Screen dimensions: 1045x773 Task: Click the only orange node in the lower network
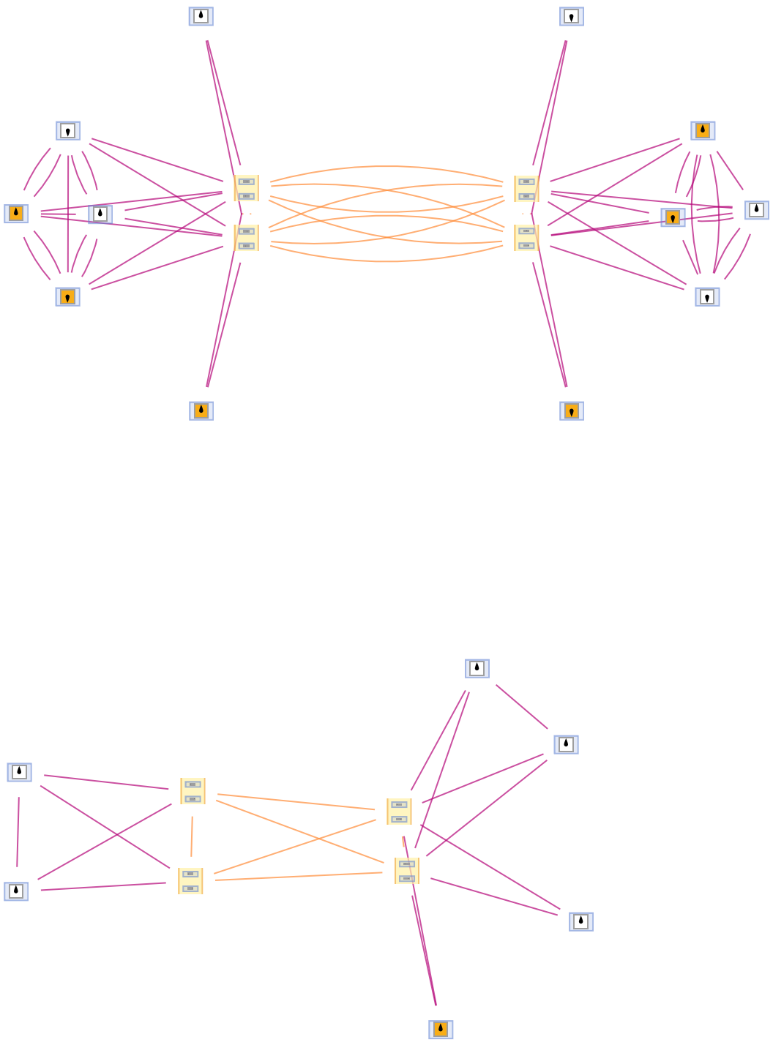coord(441,1029)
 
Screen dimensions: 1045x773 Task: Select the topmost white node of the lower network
coord(477,668)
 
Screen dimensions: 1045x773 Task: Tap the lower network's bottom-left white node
coord(16,891)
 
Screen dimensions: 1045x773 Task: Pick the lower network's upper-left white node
coord(19,772)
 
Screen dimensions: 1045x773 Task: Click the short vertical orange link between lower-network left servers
coord(192,836)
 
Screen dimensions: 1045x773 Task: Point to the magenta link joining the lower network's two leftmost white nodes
coord(18,832)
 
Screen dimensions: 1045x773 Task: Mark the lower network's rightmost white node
coord(581,921)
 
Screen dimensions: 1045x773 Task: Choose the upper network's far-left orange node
coord(16,214)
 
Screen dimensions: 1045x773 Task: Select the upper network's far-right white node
coord(757,210)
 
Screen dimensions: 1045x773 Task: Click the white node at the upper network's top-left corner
coord(201,16)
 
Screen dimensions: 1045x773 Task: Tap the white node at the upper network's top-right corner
coord(572,16)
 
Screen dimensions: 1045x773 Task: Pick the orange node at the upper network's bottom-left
coord(201,411)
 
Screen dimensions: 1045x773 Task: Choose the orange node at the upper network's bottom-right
coord(572,411)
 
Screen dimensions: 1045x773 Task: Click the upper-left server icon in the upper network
coord(246,188)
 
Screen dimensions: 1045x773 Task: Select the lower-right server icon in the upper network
coord(526,238)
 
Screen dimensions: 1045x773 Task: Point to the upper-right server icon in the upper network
coord(526,188)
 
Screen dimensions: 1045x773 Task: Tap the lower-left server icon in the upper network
coord(246,238)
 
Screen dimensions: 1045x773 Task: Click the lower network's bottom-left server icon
coord(190,881)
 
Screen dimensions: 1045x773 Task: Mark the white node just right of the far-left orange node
coord(100,214)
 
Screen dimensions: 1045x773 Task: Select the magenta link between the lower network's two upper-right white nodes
coord(522,707)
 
